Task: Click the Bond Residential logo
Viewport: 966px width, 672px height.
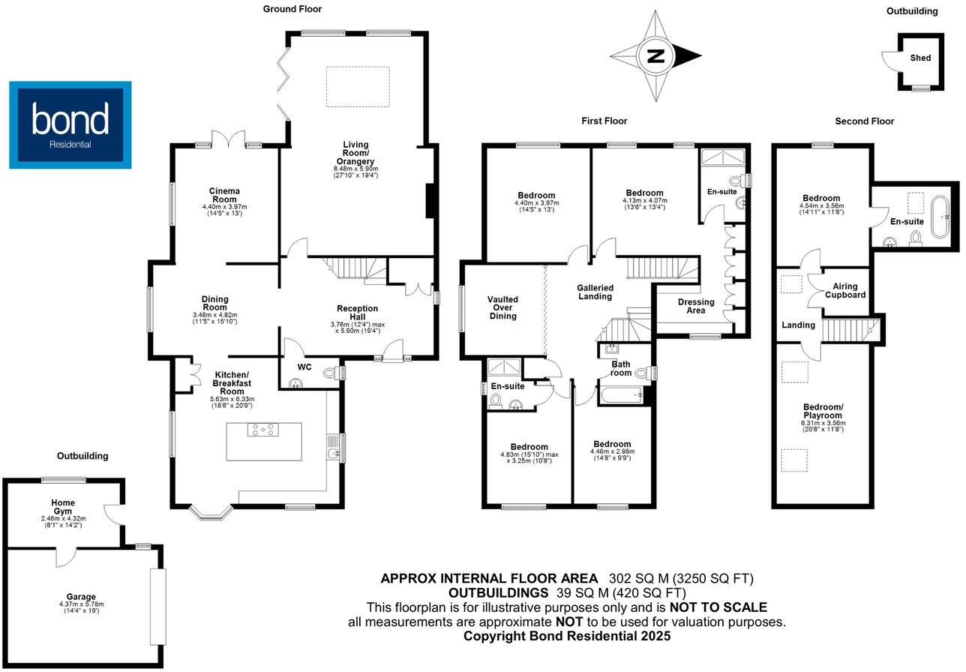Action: pos(70,124)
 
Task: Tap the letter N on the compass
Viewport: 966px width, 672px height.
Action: pos(655,55)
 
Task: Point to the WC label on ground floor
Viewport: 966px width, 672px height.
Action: pos(304,367)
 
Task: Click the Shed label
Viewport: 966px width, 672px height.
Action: pos(920,58)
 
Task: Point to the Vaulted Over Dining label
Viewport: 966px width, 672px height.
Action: pos(502,307)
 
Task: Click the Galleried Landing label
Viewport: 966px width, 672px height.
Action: pos(595,292)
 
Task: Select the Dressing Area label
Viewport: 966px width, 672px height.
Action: pos(696,307)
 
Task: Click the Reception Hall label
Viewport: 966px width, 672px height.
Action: pos(357,313)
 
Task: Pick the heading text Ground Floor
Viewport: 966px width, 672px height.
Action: pos(292,9)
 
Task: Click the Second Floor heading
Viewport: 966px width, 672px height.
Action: pos(865,121)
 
